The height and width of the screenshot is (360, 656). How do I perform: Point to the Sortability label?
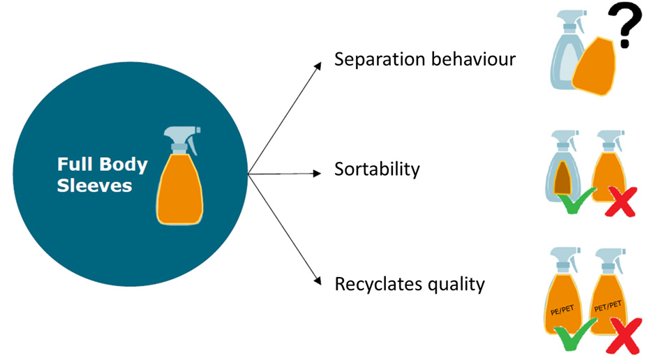(x=377, y=170)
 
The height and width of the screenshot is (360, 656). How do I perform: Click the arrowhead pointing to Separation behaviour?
(x=318, y=65)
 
